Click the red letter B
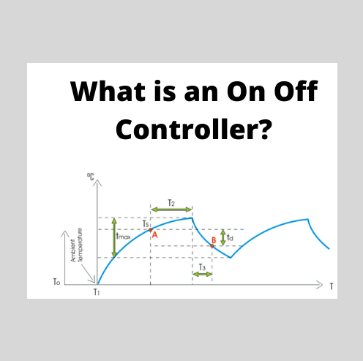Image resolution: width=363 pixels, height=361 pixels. click(213, 239)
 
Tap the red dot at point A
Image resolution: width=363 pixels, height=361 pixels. click(150, 230)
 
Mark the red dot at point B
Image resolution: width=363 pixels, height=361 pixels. click(213, 245)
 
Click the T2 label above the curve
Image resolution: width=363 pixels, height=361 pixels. click(171, 202)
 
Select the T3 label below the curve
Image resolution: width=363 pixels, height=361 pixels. click(202, 267)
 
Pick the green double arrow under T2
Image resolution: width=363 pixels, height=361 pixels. click(171, 210)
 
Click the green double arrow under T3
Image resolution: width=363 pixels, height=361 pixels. click(203, 275)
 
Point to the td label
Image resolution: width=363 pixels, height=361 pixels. click(230, 237)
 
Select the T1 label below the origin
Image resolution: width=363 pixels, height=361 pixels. click(96, 291)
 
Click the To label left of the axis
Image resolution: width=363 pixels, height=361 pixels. click(57, 282)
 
